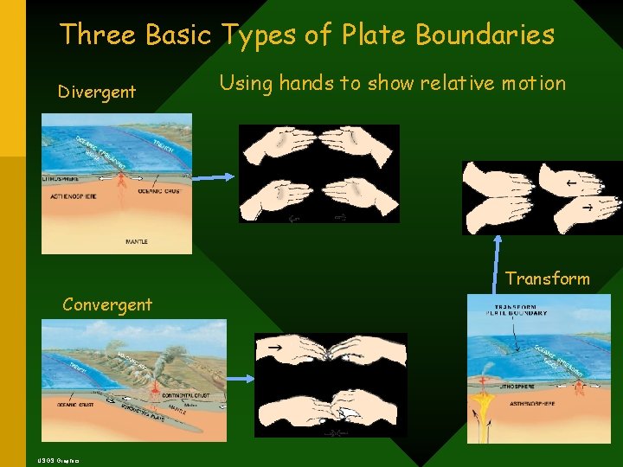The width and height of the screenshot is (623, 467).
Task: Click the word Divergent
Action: [x=96, y=92]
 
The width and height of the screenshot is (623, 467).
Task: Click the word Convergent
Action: [x=107, y=304]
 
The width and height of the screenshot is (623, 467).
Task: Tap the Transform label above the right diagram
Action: [x=548, y=278]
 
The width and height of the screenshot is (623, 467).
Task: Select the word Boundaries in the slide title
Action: [x=485, y=35]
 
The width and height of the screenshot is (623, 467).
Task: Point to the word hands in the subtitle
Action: [x=305, y=83]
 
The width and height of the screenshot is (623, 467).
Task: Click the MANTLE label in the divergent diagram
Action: [x=112, y=242]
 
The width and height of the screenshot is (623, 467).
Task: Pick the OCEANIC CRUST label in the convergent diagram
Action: [x=74, y=404]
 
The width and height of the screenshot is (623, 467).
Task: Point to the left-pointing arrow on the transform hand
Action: [x=572, y=183]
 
